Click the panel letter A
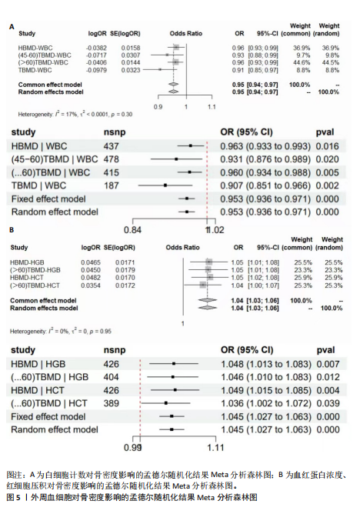[x=12, y=27]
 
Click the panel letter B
[x=12, y=230]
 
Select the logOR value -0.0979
[x=97, y=70]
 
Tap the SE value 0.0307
[x=130, y=55]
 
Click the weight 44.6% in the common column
[x=302, y=62]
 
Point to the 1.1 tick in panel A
[x=212, y=107]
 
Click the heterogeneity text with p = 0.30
[x=75, y=115]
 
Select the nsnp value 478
[x=111, y=159]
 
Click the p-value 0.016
[x=327, y=146]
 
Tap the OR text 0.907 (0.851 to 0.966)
[x=265, y=186]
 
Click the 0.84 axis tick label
[x=132, y=230]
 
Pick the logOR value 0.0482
[x=91, y=278]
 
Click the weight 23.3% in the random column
[x=334, y=270]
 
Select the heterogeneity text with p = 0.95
[x=61, y=332]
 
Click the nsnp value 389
[x=111, y=403]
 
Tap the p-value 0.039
[x=328, y=403]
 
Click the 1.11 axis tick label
[x=215, y=448]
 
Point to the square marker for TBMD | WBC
[x=165, y=185]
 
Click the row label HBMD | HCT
[x=38, y=390]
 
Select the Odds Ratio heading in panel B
[x=182, y=248]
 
